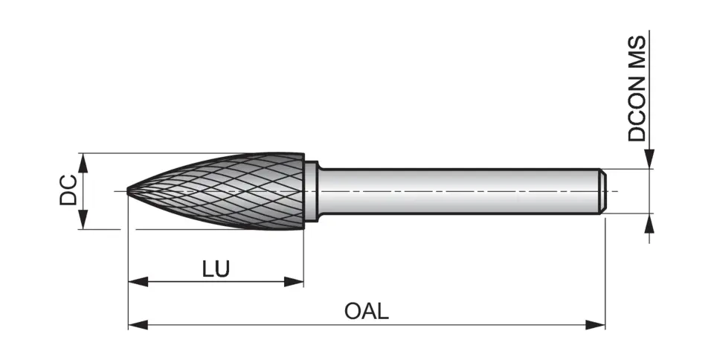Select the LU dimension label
click(216, 269)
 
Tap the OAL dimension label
click(366, 311)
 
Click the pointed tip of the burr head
click(129, 191)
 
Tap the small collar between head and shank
click(311, 191)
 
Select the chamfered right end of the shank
click(603, 191)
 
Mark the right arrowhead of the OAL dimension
click(596, 324)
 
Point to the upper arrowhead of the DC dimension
click(84, 162)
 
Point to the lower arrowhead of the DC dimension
click(84, 221)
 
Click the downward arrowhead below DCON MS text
click(649, 159)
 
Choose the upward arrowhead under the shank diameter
click(649, 222)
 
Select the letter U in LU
click(222, 269)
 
